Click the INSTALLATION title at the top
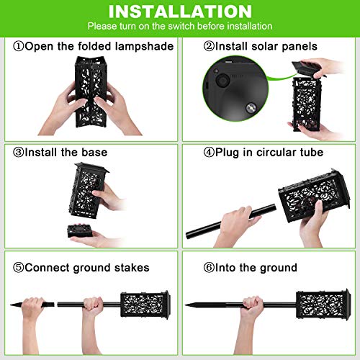click(180, 12)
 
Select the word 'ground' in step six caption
click(276, 268)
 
